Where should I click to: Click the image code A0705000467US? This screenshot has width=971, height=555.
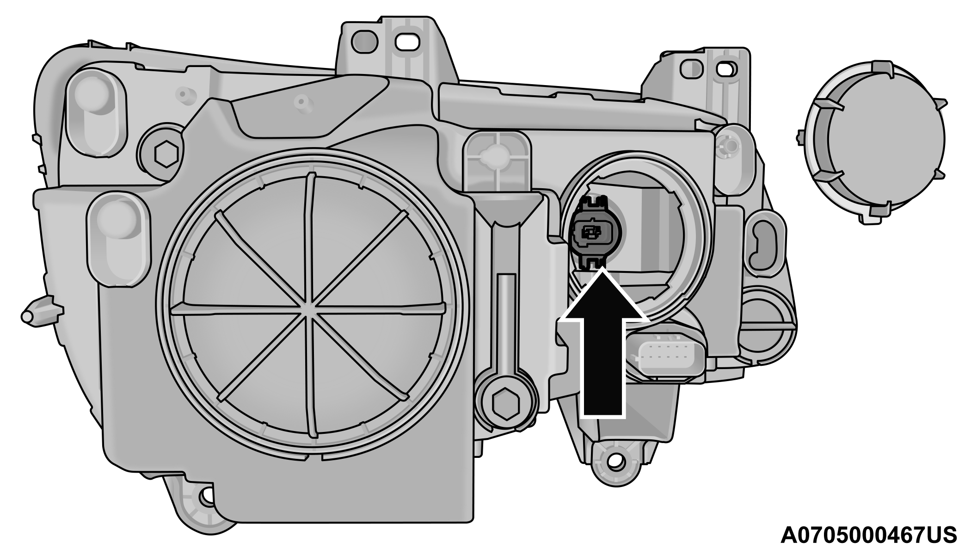pyautogui.click(x=868, y=535)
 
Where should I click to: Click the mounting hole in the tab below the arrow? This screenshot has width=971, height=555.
pyautogui.click(x=616, y=461)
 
